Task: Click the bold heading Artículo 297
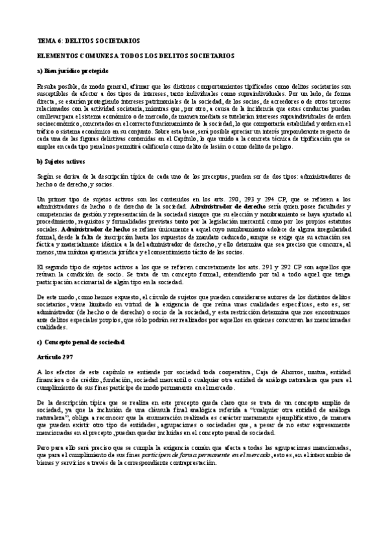[56, 357]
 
